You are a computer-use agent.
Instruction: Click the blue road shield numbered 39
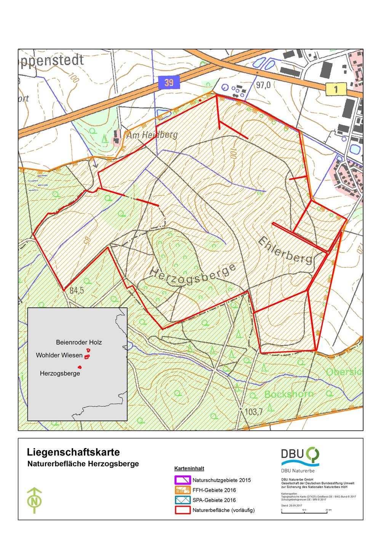pos(169,82)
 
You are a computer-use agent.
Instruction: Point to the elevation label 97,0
pos(263,86)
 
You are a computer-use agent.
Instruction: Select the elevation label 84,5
pos(77,290)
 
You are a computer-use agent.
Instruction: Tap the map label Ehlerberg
pos(286,251)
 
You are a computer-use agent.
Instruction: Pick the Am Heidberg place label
pos(152,135)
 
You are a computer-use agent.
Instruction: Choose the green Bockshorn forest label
pos(289,394)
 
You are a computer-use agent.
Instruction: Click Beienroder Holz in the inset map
pos(79,342)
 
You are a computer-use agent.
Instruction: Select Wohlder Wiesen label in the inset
pos(59,355)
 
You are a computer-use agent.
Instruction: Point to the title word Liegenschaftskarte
pos(74,452)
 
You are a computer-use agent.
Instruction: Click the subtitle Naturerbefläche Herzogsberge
pos(83,464)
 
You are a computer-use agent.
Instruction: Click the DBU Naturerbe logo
pos(300,457)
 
